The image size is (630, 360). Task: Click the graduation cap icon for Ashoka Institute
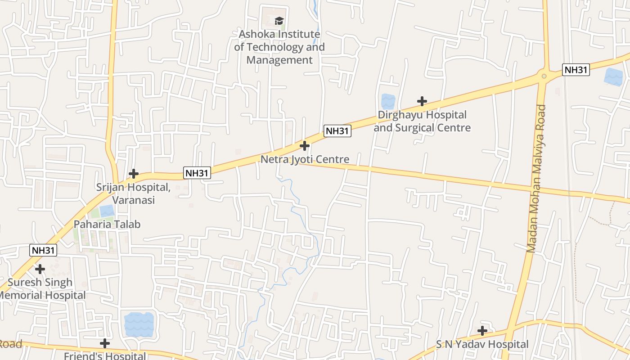coord(279,21)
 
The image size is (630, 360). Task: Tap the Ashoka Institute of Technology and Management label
coord(279,47)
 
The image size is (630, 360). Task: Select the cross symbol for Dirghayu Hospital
coord(422,101)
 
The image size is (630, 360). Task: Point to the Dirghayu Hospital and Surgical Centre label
coord(422,121)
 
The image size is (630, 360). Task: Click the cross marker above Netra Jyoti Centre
coord(305,146)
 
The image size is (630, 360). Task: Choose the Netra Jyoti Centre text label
coord(305,159)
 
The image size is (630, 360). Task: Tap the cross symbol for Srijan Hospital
coord(134,174)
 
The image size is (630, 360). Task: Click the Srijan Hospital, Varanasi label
coord(133,193)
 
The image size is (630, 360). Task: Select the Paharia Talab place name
coord(107,224)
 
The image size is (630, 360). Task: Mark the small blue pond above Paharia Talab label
coord(107,211)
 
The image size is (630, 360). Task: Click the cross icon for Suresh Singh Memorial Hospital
coord(40,269)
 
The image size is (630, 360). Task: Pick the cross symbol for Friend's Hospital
coord(105,343)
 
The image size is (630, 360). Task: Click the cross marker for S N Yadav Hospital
coord(482,331)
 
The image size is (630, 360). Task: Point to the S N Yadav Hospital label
coord(482,344)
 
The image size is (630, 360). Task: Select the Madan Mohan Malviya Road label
coord(536,179)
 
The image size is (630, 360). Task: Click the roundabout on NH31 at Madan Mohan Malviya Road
coord(544,76)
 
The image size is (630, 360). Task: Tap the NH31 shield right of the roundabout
coord(576,70)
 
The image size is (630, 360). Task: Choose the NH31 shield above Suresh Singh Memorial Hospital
coord(43,250)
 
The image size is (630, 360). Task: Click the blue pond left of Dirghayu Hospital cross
coord(388,101)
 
